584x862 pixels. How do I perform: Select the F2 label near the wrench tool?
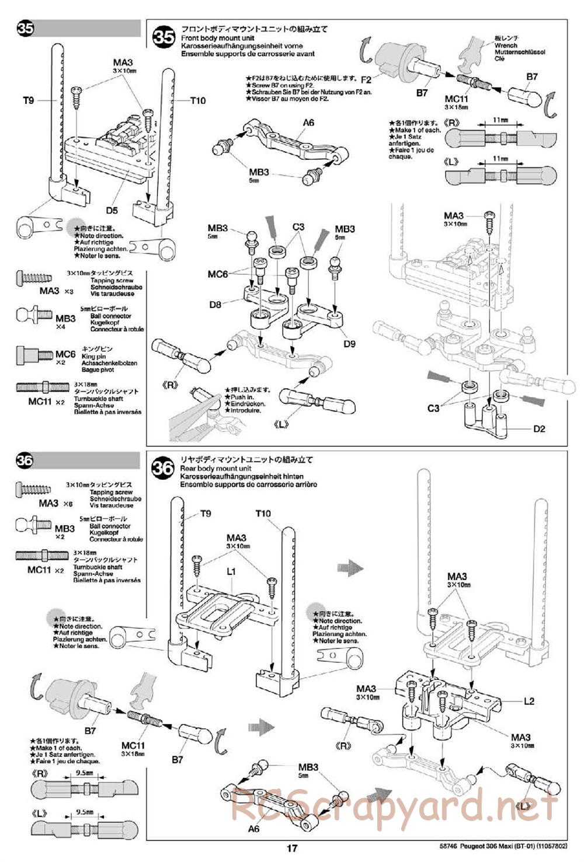coord(366,79)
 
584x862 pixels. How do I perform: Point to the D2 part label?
coord(539,429)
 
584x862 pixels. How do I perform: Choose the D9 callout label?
coord(349,344)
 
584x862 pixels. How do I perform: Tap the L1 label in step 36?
coord(231,571)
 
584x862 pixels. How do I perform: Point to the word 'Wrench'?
coord(506,45)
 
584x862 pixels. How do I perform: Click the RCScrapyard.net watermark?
coord(394,808)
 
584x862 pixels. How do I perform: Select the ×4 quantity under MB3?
coord(61,327)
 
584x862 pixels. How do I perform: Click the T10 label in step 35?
coord(198,100)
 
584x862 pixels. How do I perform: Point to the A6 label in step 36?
coord(253,828)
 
